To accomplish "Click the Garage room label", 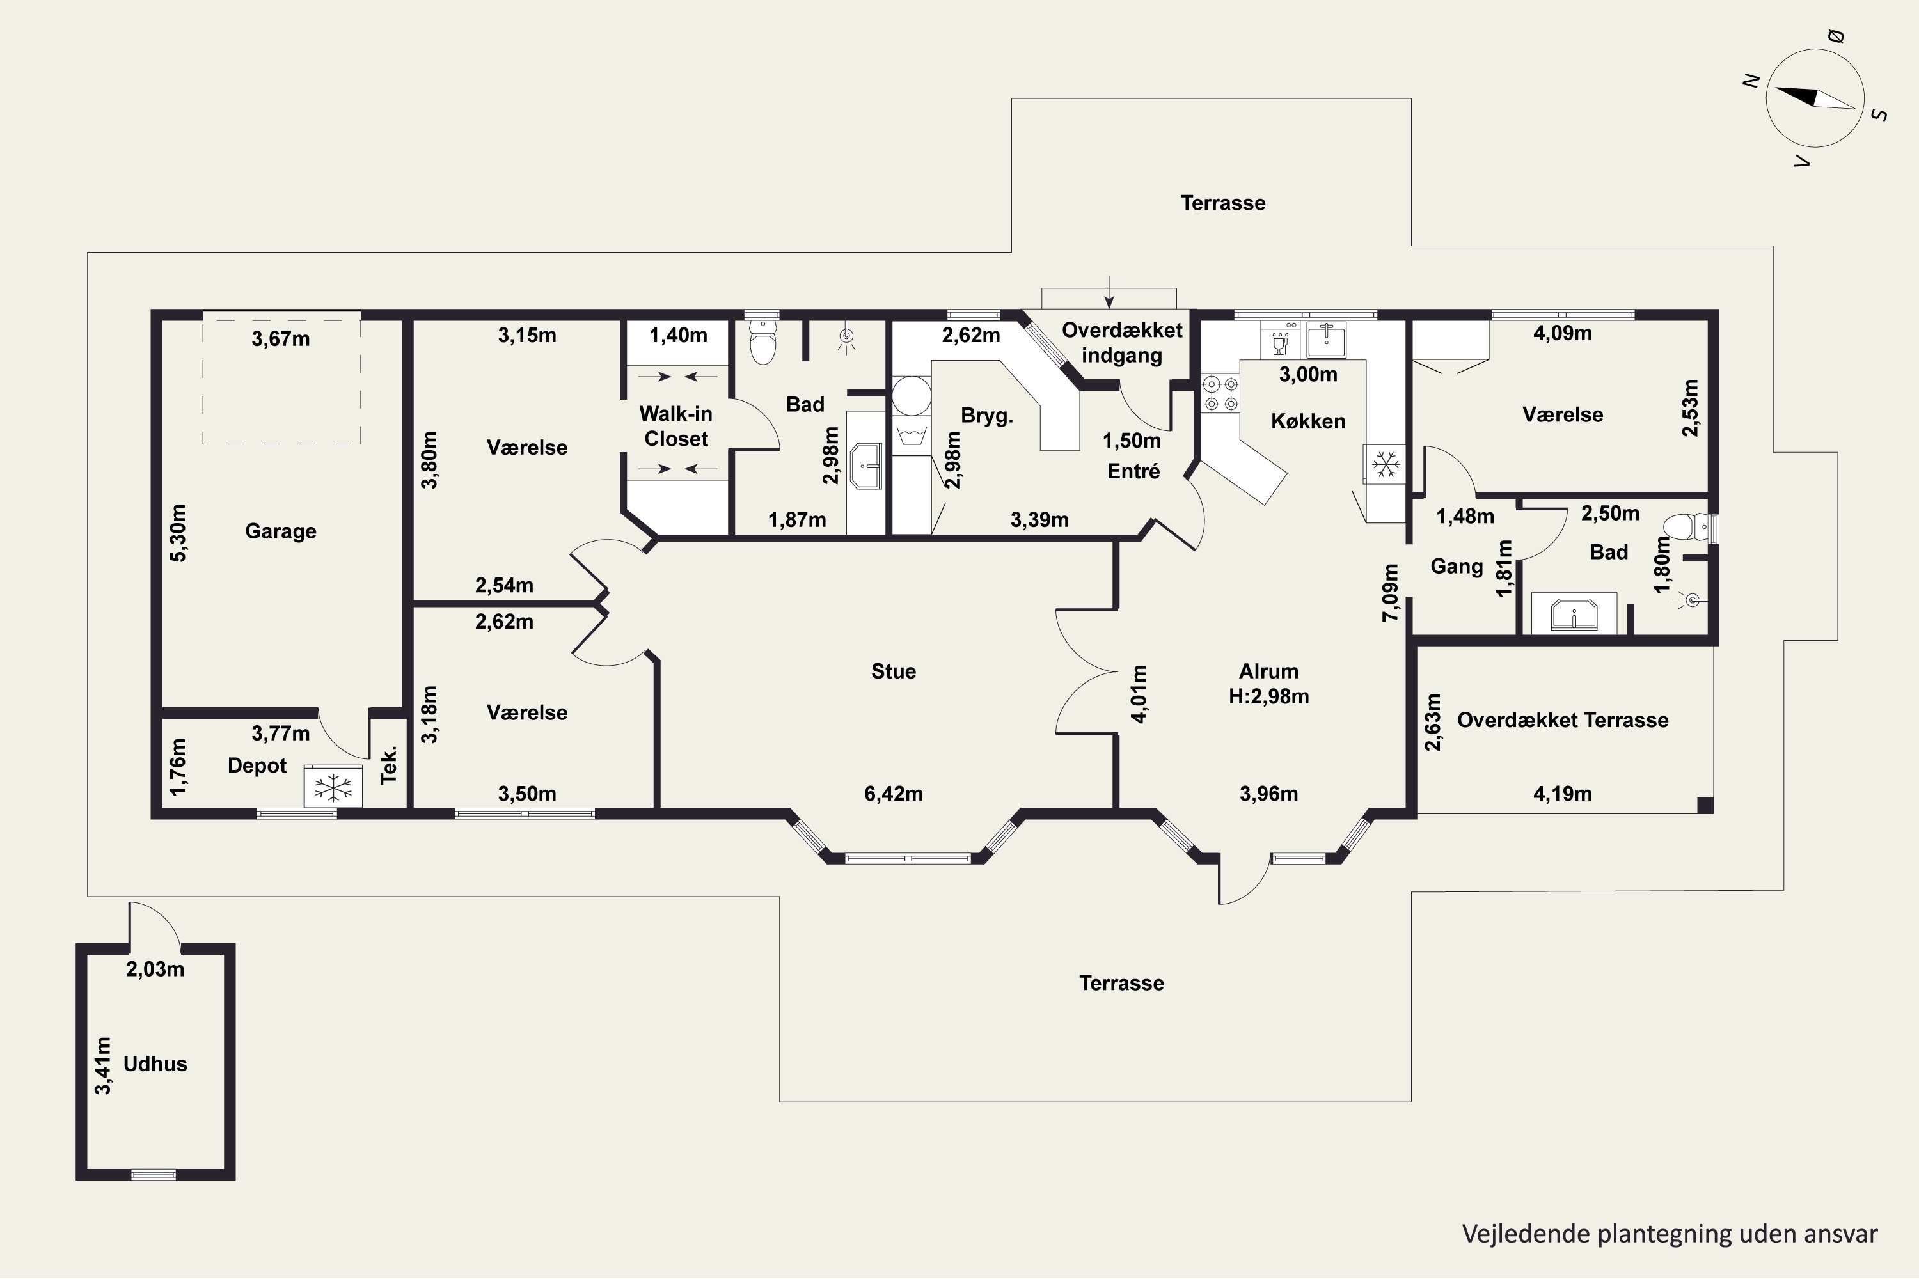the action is pos(281,531).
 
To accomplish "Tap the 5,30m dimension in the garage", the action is pos(178,533).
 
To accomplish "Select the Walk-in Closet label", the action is pos(675,426).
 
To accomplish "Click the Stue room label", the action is pos(894,671).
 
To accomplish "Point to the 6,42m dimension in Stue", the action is pos(894,794).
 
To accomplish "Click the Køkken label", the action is pos(1308,421).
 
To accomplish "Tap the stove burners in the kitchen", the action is pos(1220,393).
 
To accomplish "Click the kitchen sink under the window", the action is pos(1326,340).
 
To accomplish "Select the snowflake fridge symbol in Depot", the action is pos(333,787).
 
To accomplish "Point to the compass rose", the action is pos(1815,98).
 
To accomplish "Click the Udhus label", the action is pos(155,1063).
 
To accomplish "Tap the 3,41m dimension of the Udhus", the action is pos(103,1065).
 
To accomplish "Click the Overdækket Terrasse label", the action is pos(1563,720).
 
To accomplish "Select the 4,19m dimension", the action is pos(1563,794).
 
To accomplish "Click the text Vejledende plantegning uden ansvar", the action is pos(1670,1234).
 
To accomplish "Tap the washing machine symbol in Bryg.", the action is pos(912,434).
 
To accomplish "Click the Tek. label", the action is pos(388,764).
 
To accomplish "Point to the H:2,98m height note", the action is pos(1268,696).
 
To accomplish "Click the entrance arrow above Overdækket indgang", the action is pos(1109,292).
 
